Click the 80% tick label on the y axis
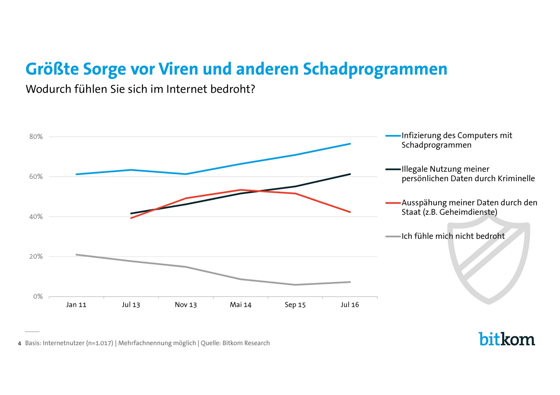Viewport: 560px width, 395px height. (x=36, y=137)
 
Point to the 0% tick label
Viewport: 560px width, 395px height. (x=38, y=297)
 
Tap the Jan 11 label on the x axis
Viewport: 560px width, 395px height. (x=76, y=305)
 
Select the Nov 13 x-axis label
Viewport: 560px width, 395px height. (x=186, y=305)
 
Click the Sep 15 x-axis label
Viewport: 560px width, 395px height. (x=295, y=305)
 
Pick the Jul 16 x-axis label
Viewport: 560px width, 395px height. (x=350, y=305)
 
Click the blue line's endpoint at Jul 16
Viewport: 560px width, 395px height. (x=350, y=144)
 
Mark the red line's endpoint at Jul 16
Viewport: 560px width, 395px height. (x=350, y=212)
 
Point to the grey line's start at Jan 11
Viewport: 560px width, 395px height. (x=76, y=254)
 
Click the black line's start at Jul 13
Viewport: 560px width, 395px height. (x=131, y=213)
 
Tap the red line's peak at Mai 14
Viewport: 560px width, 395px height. (x=240, y=190)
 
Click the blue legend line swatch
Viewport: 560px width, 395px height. (x=393, y=136)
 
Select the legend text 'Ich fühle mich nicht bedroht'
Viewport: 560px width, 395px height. (x=453, y=236)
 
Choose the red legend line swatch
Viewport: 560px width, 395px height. (x=393, y=203)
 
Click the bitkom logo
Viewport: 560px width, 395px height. (x=507, y=339)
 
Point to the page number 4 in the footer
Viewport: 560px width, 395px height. (x=19, y=343)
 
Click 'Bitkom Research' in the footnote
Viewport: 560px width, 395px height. (x=246, y=343)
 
